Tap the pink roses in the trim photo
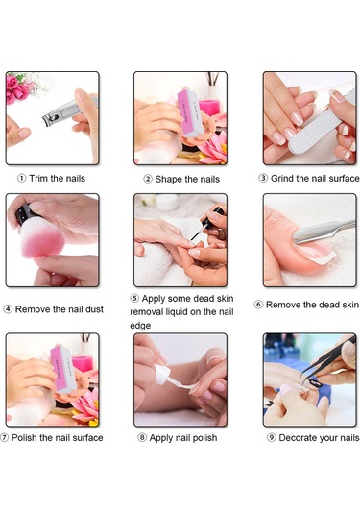tap(16, 87)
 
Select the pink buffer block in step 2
tap(189, 112)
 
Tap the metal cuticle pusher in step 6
tap(324, 231)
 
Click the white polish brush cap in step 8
tap(162, 374)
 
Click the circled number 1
tap(22, 179)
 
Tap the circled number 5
tap(134, 298)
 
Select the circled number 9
tap(271, 438)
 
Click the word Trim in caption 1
tap(38, 179)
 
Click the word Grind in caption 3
tap(282, 179)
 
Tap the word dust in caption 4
tap(94, 309)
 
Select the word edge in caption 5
tap(140, 326)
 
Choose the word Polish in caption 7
tap(24, 438)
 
